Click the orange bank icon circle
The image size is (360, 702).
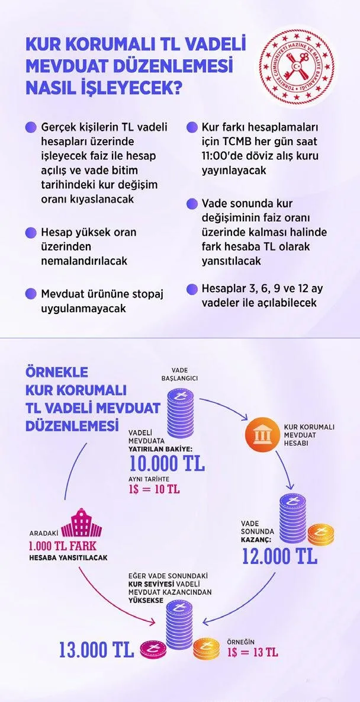(x=260, y=437)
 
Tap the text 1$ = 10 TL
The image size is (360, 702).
(x=154, y=489)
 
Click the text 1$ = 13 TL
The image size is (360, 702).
(x=253, y=652)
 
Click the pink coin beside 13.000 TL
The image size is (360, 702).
(x=150, y=650)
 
